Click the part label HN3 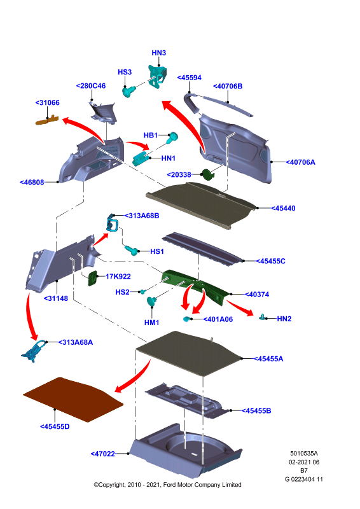coord(159,53)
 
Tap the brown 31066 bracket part coord(47,120)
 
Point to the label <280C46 coord(91,86)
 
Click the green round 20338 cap coord(207,174)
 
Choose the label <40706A coord(300,162)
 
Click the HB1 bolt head coord(173,137)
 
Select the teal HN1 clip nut coord(141,158)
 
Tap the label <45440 coord(283,209)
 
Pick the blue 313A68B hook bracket coord(113,224)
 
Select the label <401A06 coord(218,319)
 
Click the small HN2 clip coord(262,317)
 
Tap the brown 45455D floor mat coord(73,400)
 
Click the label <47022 coord(102,454)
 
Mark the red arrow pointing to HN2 coord(240,307)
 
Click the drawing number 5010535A coord(304,454)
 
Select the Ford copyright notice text coord(167,485)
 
